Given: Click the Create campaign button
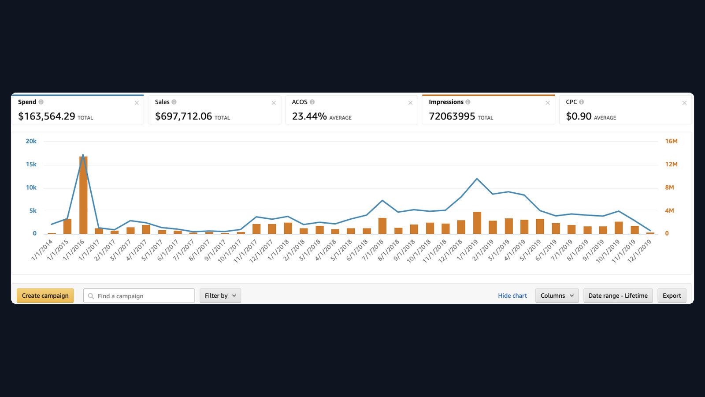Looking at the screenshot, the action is pos(45,296).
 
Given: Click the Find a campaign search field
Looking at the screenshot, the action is pos(139,296).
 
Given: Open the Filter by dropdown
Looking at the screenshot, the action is pos(220,296).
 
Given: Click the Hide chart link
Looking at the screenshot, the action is pos(512,296).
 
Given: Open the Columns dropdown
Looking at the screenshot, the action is pos(557,296).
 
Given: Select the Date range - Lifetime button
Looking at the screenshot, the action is pos(618,296).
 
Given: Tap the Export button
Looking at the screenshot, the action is pos(672,296).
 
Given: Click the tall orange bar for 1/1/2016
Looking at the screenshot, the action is pos(83,195).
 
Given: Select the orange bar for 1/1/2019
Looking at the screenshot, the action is pos(477,223).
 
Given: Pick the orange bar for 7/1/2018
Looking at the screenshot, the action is pos(382,226).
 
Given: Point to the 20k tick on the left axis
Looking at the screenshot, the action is pos(31,141).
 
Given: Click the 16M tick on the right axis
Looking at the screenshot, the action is pos(671,141).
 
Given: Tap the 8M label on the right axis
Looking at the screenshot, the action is pos(669,187).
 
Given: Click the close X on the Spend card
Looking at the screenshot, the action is pos(137,103).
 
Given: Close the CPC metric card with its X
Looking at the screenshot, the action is pos(684,103).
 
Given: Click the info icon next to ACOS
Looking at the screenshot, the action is pos(312,102).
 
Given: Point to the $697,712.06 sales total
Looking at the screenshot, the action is pos(183,116).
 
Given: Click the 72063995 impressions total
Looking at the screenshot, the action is pos(452,116).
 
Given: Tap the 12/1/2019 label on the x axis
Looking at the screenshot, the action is pos(639,251).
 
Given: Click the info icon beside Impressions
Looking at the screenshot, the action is pos(468,102).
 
